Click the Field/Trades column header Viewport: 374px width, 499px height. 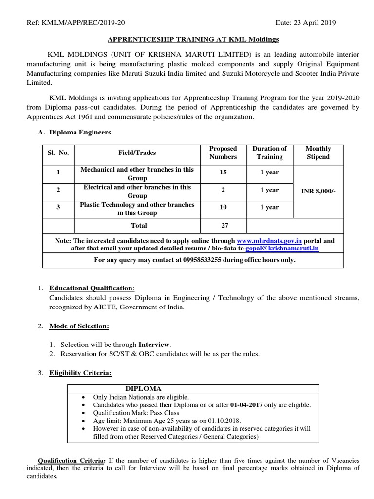(x=137, y=153)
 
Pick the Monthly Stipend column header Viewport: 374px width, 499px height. (x=318, y=153)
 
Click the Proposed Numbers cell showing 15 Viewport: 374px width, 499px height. (x=223, y=173)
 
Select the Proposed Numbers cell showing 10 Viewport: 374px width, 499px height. (x=223, y=207)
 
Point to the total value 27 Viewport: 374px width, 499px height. (x=223, y=225)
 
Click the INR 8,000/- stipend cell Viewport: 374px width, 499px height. (x=318, y=191)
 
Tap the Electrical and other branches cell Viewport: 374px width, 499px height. (x=137, y=191)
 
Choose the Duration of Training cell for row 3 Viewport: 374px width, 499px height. (x=269, y=207)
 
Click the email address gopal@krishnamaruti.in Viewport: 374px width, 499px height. (x=282, y=248)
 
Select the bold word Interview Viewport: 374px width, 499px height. (x=155, y=345)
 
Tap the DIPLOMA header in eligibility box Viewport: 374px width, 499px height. (x=143, y=388)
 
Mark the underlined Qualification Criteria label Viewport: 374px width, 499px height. (x=71, y=461)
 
